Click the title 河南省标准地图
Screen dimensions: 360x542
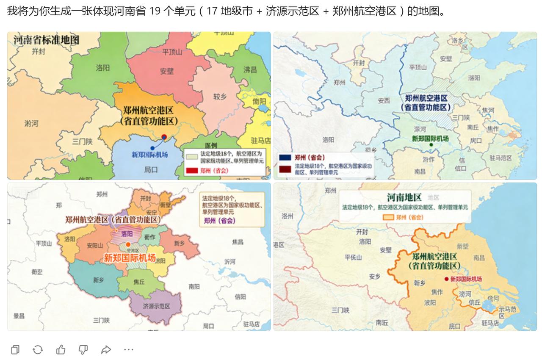[x=46, y=41]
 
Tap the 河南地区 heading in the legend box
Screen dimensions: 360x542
[x=404, y=197]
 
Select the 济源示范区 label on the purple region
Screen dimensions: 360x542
[x=156, y=306]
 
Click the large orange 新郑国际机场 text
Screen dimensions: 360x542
[x=130, y=258]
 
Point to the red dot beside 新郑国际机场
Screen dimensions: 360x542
[x=446, y=279]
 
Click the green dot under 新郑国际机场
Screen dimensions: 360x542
[x=431, y=145]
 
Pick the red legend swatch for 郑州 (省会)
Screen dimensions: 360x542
[x=192, y=171]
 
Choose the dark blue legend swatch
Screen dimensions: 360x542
[x=285, y=158]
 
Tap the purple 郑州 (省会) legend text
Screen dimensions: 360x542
[x=220, y=220]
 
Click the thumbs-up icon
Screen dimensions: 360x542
[x=61, y=349]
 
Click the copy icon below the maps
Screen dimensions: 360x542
[x=16, y=349]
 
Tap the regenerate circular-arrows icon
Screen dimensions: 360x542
[x=38, y=349]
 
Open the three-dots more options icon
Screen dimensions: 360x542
[x=129, y=349]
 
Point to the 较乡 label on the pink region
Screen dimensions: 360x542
[x=219, y=97]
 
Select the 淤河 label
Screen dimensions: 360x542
[x=31, y=123]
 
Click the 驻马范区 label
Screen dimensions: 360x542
[x=501, y=158]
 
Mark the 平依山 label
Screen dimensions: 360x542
[x=353, y=257]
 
